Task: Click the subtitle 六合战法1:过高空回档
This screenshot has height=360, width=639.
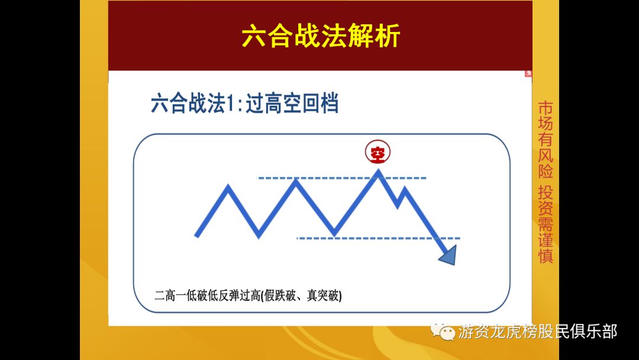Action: point(244,104)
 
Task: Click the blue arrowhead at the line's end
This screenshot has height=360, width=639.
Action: point(448,255)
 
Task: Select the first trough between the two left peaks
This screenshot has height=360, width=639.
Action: point(259,235)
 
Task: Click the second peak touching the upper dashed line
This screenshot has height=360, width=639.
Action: point(297,181)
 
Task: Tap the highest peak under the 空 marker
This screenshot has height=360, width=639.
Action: point(378,173)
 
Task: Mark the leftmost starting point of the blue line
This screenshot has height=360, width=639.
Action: point(197,236)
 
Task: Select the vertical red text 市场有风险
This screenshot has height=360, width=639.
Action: point(545,140)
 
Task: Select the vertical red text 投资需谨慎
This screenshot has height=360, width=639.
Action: point(545,224)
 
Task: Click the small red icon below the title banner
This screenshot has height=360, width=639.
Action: point(528,74)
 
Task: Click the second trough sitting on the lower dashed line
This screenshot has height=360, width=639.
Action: point(334,234)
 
